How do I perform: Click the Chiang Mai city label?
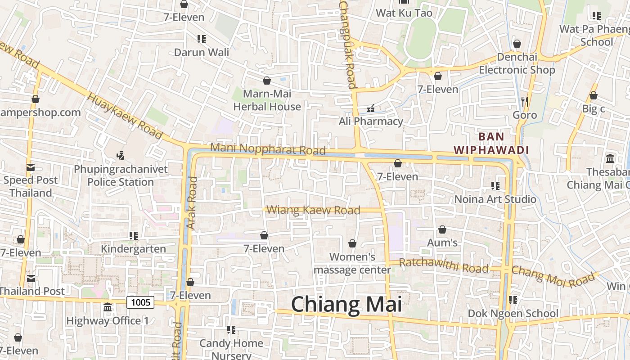tap(346, 305)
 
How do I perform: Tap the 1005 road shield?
tap(140, 302)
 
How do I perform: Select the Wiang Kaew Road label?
tap(313, 210)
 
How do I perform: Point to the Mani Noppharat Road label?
tap(268, 148)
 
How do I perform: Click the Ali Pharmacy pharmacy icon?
tap(371, 108)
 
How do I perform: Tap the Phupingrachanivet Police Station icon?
tap(120, 156)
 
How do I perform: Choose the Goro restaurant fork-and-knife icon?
tap(524, 101)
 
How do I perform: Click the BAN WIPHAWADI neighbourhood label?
tap(491, 143)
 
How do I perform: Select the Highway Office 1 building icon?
tap(108, 307)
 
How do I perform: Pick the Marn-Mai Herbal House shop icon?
tap(267, 81)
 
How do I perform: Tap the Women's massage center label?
tap(352, 263)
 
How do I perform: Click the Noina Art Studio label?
tap(495, 199)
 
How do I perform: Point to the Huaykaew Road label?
tap(125, 116)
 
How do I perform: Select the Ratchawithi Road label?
tap(443, 265)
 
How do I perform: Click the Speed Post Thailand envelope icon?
tap(31, 167)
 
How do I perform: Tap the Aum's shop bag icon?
tap(442, 229)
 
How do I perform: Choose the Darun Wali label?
tap(202, 52)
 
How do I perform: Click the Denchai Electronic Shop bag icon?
tap(517, 44)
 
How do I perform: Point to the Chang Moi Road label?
tap(553, 276)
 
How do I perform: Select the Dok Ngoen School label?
tap(513, 313)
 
